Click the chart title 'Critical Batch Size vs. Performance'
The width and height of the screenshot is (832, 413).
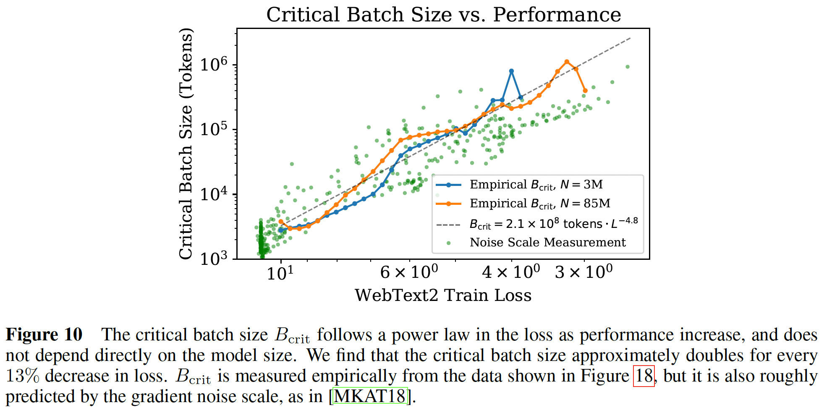[443, 15]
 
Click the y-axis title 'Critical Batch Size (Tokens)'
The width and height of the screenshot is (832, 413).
[186, 144]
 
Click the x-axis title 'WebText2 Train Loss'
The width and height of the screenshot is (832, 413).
[443, 295]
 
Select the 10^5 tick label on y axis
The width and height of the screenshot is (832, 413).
[214, 129]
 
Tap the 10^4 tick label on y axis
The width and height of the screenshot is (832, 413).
[214, 194]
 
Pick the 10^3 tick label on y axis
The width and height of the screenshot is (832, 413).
[214, 259]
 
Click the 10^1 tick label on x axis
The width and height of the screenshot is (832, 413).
[280, 273]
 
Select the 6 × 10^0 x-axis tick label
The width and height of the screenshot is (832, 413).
[409, 272]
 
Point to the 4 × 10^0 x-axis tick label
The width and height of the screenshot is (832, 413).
[511, 272]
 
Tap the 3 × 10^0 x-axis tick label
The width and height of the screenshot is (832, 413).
[583, 272]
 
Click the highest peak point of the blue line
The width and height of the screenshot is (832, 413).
[511, 71]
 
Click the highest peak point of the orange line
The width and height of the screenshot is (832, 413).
[567, 62]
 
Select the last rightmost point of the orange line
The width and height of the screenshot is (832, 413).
[585, 91]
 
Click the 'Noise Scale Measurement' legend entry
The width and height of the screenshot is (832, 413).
[547, 243]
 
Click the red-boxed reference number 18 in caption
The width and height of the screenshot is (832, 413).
[644, 376]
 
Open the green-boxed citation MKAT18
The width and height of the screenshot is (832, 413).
[370, 396]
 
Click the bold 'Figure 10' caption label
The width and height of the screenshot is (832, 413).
[44, 335]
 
